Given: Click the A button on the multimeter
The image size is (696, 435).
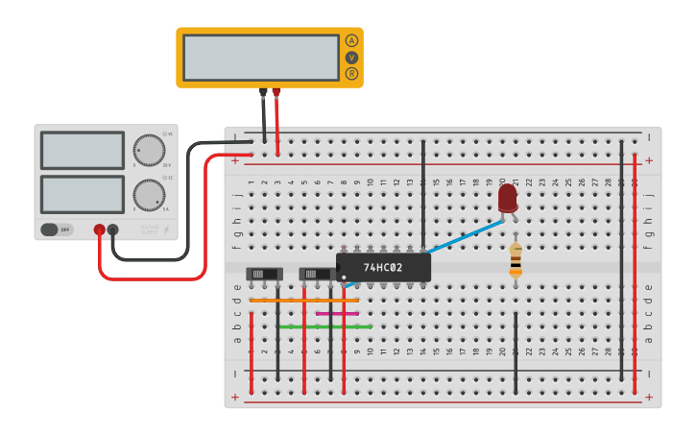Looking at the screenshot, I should point(351,41).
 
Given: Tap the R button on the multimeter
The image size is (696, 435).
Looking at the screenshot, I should point(351,74).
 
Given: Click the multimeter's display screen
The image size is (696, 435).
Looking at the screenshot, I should point(260,58).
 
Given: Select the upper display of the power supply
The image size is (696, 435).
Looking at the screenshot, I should point(82,151).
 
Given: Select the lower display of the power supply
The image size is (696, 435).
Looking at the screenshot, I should point(82,195).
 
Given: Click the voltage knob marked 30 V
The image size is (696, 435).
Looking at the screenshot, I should point(149,151).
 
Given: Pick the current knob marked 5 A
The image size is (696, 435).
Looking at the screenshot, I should point(149,195).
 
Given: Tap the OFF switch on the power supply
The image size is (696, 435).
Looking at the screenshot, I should point(57,230).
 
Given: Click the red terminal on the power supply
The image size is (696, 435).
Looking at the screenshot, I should point(99,230).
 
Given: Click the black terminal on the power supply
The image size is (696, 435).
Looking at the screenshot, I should point(113,230).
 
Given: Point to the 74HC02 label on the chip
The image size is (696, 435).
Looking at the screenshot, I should point(383,267).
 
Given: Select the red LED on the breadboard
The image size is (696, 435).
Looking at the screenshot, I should point(508,199).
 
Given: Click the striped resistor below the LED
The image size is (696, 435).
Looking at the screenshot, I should point(516,259).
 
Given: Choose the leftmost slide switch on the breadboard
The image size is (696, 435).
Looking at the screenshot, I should point(264,274).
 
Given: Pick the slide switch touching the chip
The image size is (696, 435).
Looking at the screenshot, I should point(317,274).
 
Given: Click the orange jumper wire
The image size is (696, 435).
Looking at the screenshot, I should point(303,301).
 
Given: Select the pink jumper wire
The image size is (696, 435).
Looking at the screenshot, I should point(337,313).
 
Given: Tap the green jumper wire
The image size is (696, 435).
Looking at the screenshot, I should point(324,326).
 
